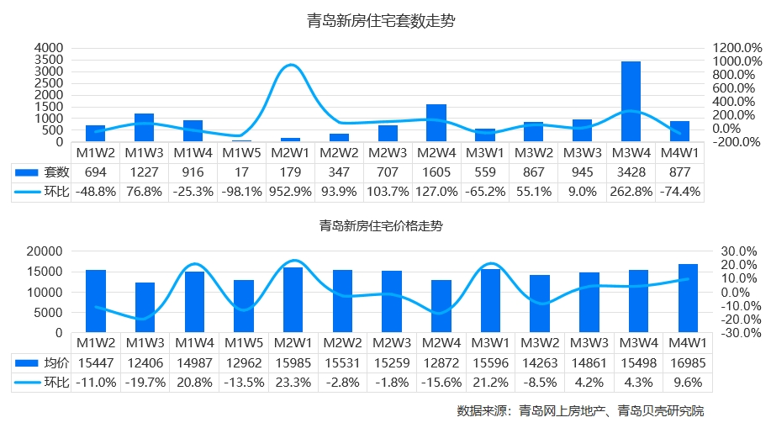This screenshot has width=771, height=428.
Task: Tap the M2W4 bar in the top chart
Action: (x=436, y=123)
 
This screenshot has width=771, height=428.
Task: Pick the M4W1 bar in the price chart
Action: (x=688, y=299)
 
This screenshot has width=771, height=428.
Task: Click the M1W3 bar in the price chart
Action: (x=145, y=308)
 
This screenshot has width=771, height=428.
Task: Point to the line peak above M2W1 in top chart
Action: (x=290, y=65)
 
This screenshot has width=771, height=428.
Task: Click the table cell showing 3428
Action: (x=631, y=172)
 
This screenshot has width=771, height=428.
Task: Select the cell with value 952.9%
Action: (x=290, y=192)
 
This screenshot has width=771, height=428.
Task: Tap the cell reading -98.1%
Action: (x=241, y=192)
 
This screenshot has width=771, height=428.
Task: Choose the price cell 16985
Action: (x=688, y=362)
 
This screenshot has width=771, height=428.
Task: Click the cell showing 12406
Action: (x=145, y=362)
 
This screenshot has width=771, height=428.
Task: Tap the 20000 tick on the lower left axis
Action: (x=46, y=251)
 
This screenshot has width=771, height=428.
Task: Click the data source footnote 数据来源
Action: (x=580, y=412)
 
